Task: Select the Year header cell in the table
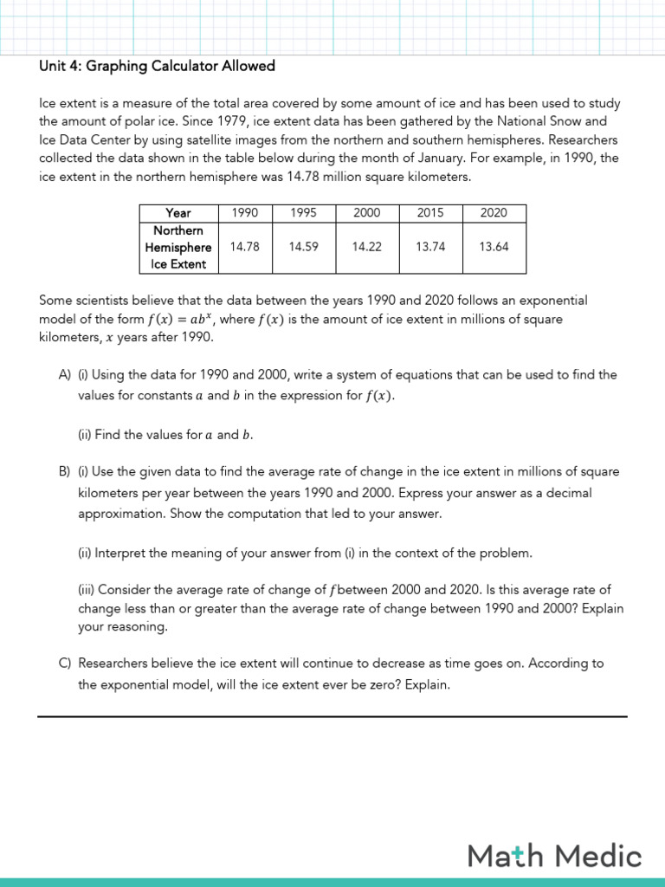[x=178, y=212]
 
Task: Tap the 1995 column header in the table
[x=304, y=212]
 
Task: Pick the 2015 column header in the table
[x=430, y=212]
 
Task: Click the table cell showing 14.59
[x=304, y=247]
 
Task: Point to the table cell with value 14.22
[x=367, y=247]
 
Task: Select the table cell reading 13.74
[x=430, y=247]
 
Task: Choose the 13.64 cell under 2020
[x=494, y=247]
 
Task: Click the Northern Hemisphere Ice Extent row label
[x=178, y=247]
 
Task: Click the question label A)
[x=65, y=375]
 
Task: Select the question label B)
[x=65, y=472]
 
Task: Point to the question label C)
[x=65, y=664]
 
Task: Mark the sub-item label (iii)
[x=86, y=590]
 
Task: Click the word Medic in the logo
[x=598, y=857]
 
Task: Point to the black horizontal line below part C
[x=332, y=716]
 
